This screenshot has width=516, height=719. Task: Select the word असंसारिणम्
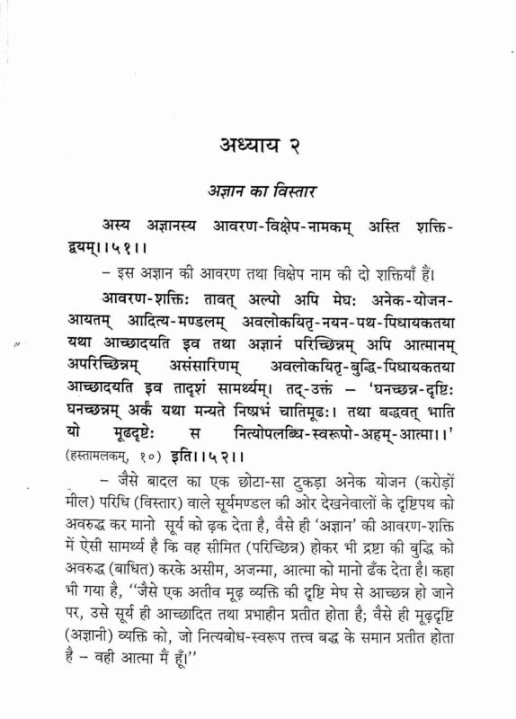pyautogui.click(x=228, y=363)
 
